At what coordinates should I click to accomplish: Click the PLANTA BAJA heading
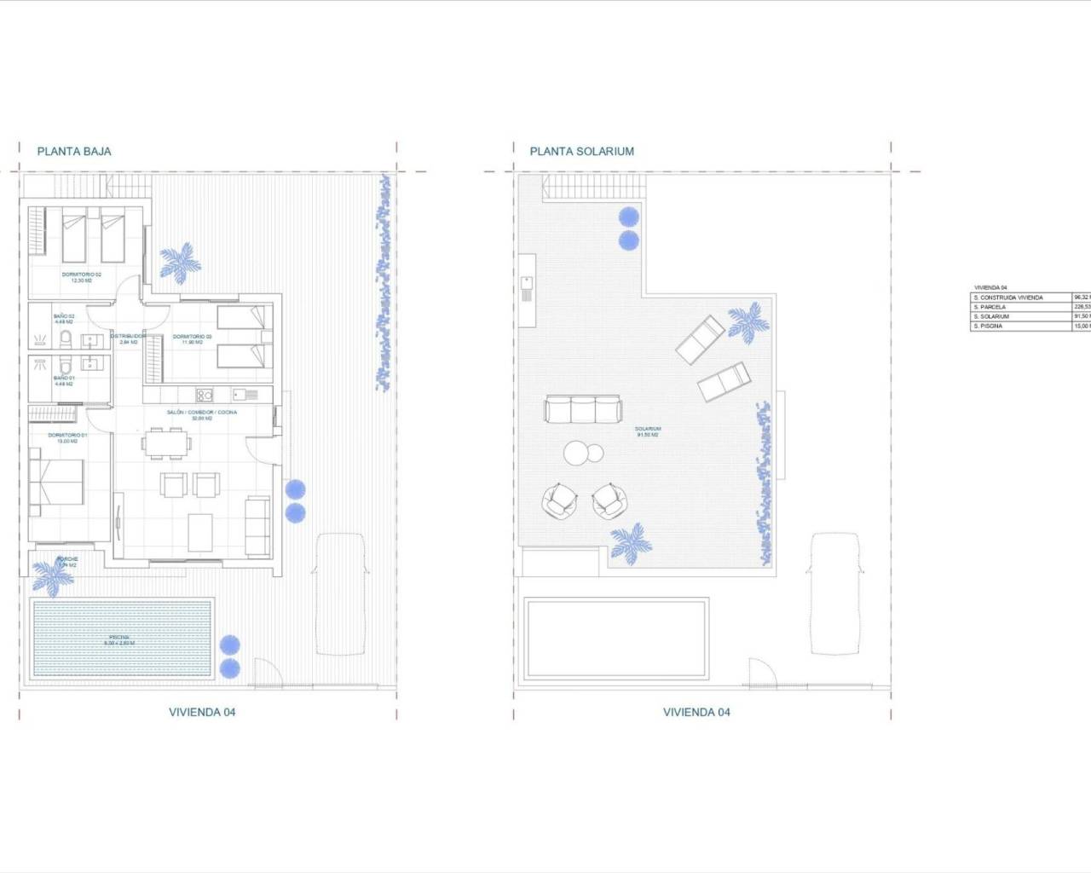point(74,152)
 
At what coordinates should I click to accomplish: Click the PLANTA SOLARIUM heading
point(581,152)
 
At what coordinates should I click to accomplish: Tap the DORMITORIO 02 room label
point(82,276)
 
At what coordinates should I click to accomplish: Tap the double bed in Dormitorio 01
point(57,488)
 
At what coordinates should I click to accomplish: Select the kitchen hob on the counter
point(205,395)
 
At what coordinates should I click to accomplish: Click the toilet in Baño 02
point(65,341)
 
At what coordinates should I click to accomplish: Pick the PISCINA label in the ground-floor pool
point(119,639)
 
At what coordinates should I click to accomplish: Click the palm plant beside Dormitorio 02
point(181,263)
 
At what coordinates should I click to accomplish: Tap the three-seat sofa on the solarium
point(582,409)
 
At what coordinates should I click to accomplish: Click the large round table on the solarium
point(575,453)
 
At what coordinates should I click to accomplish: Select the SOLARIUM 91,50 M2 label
point(648,431)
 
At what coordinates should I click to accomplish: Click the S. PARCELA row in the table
point(1021,307)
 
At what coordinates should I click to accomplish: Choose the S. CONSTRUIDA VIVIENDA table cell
point(1021,298)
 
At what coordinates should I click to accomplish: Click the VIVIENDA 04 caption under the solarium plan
point(696,712)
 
